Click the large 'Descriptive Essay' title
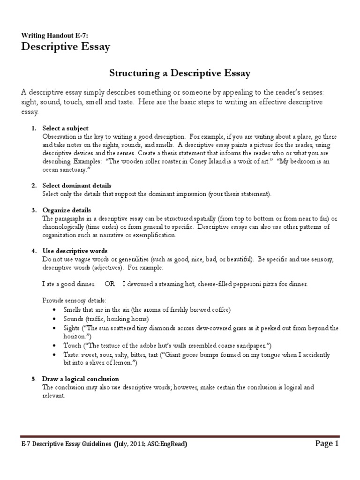coord(66,47)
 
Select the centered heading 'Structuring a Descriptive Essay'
coord(180,73)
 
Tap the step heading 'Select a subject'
coord(65,128)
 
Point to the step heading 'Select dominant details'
coord(77,186)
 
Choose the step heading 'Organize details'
coord(67,210)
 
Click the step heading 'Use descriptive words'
coord(75,251)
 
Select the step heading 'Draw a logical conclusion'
coord(81,378)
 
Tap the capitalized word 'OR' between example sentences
coord(110,284)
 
